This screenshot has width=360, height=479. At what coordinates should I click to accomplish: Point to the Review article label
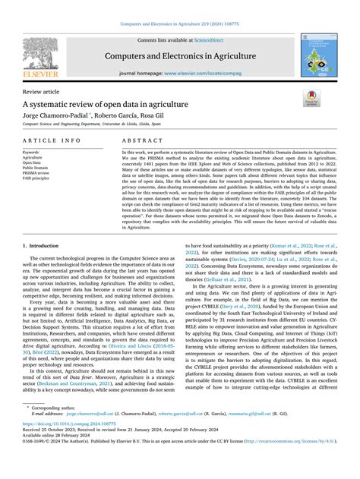pos(43,91)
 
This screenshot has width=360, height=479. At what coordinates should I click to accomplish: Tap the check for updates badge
pos(313,96)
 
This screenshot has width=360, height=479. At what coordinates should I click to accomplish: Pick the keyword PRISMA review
pos(38,172)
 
